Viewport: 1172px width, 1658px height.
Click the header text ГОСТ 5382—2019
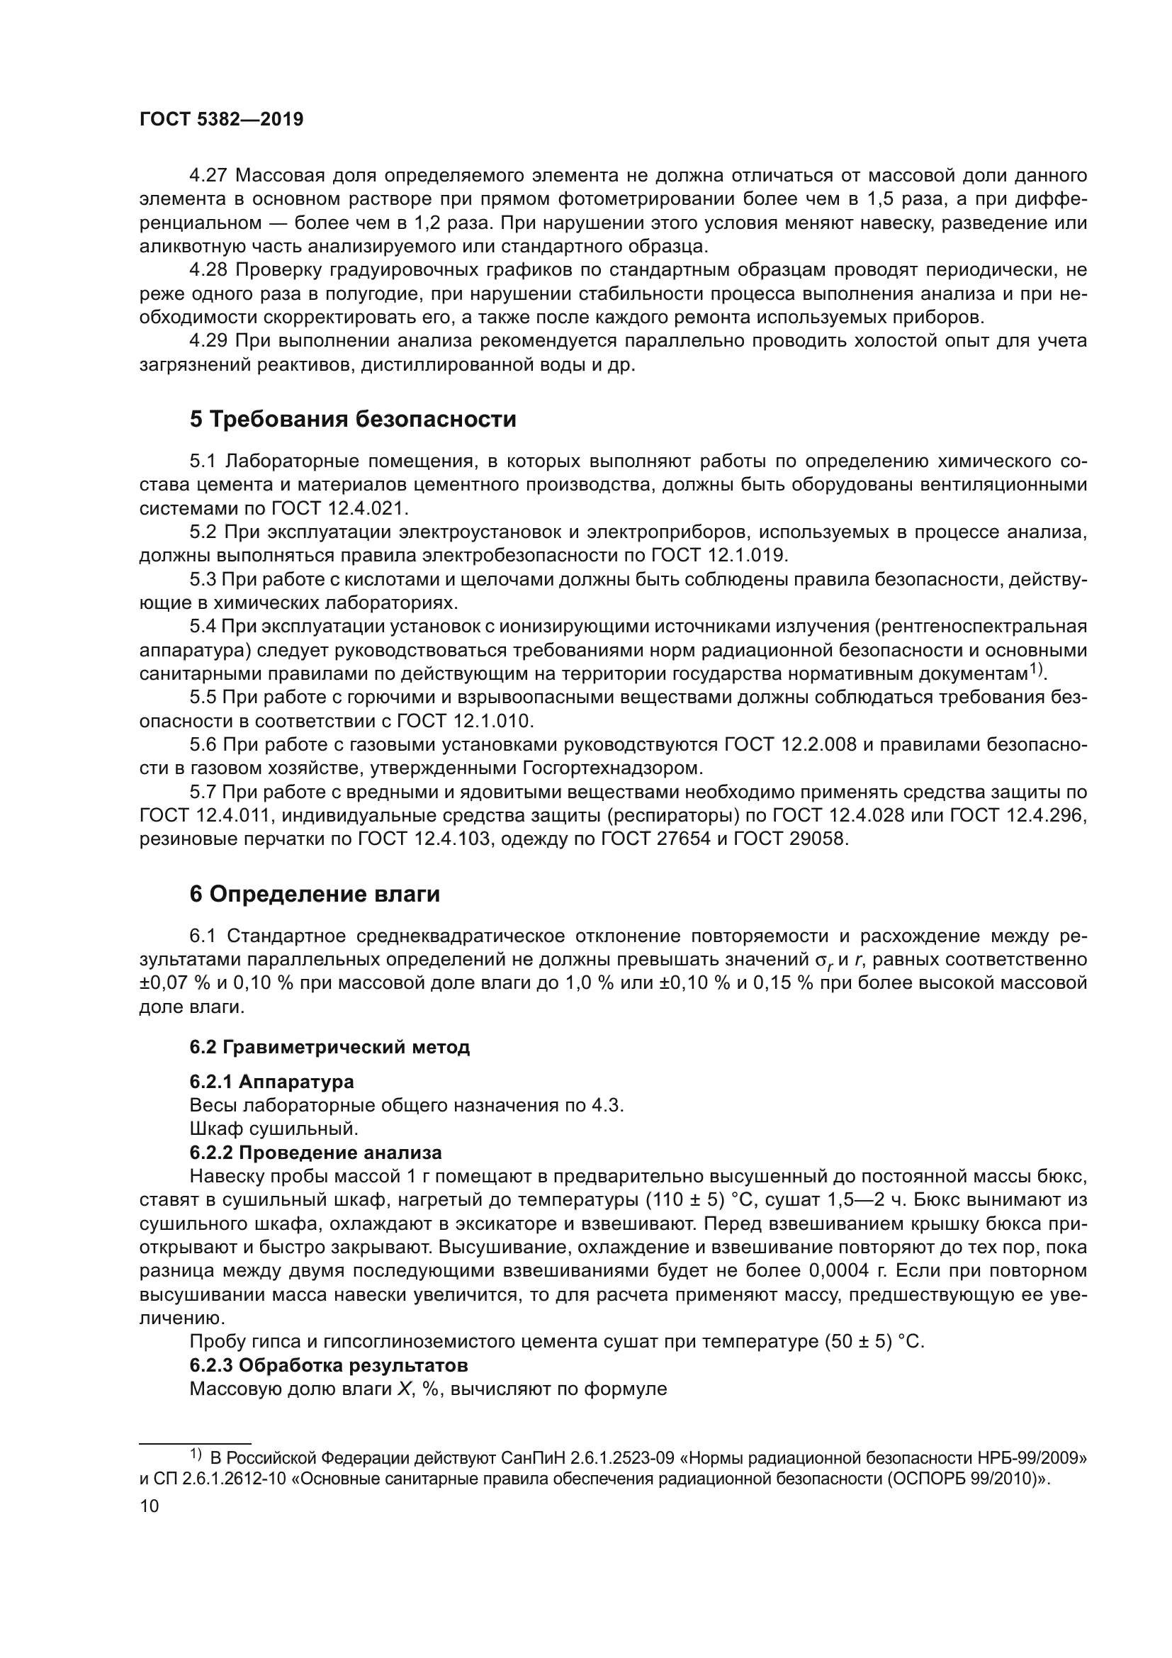click(x=221, y=120)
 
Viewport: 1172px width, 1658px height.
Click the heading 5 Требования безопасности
click(x=353, y=419)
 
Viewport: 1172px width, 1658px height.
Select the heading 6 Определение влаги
click(x=315, y=894)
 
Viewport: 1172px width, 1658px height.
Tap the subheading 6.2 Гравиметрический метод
click(x=329, y=1047)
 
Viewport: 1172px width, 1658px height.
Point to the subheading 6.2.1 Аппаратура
click(x=271, y=1082)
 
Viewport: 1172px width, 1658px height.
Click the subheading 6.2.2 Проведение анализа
click(x=315, y=1153)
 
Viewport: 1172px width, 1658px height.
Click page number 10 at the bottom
click(x=149, y=1506)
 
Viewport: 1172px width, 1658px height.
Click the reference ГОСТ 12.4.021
click(x=339, y=508)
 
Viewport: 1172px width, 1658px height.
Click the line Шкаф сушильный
click(x=274, y=1128)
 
